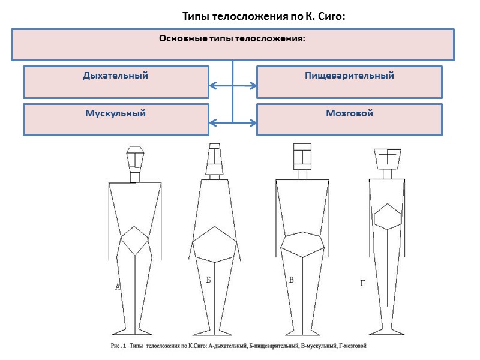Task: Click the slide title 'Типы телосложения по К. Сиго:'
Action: point(264,17)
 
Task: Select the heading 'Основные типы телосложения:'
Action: point(232,39)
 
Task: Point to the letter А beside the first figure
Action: point(118,287)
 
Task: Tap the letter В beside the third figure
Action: point(292,280)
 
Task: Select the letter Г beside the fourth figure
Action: point(362,282)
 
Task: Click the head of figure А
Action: point(136,158)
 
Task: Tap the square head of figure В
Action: point(302,156)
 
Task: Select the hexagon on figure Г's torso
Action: point(388,215)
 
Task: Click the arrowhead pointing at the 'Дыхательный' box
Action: point(212,86)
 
